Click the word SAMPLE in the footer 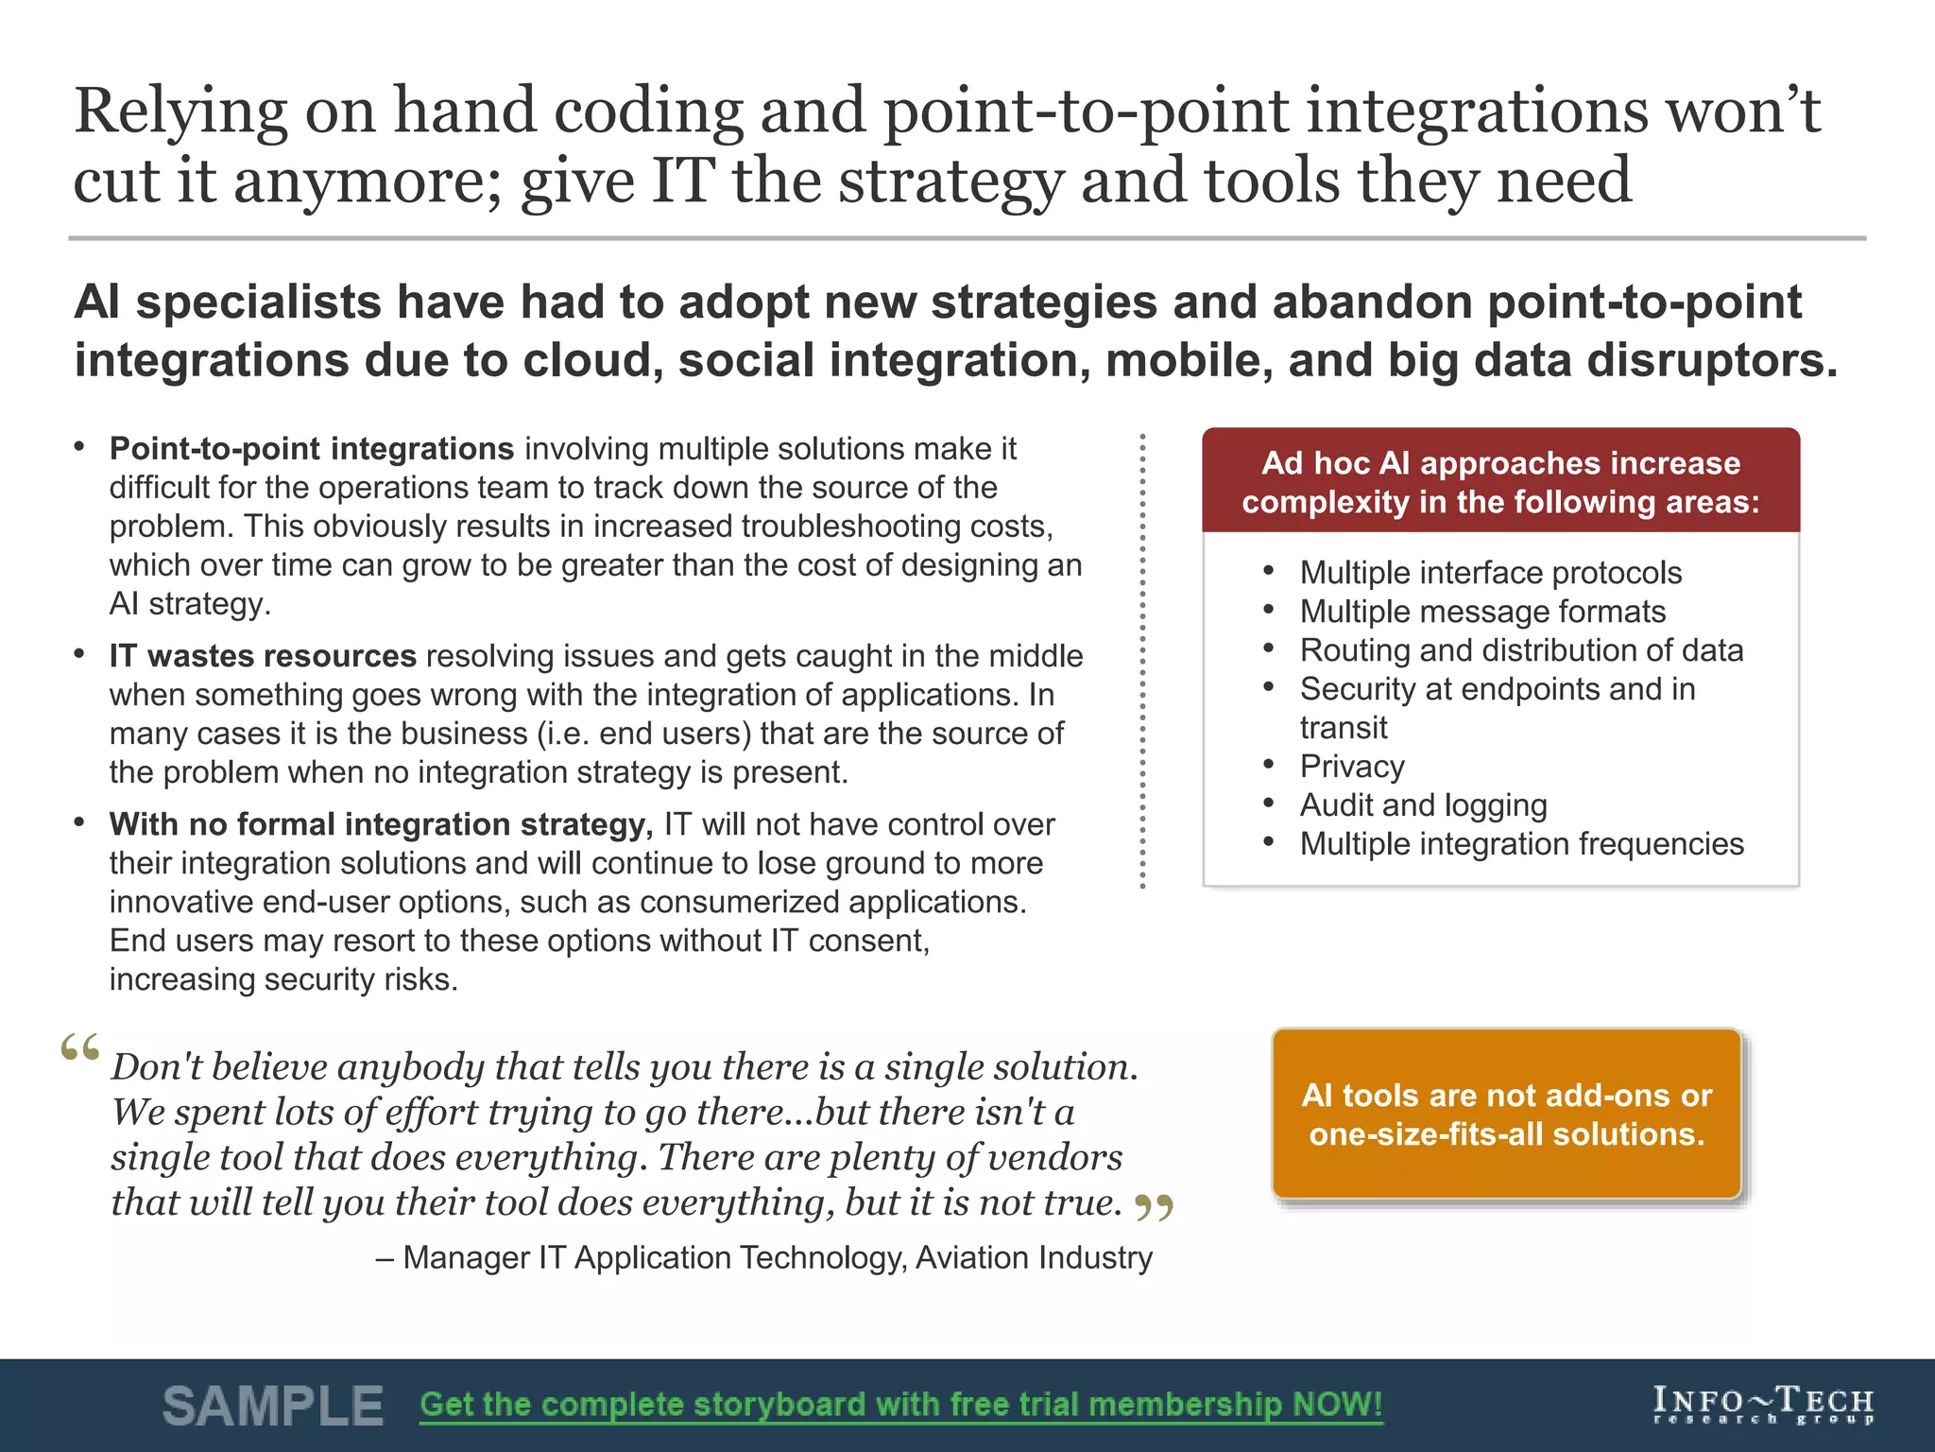pos(272,1406)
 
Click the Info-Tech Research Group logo pos(1763,1405)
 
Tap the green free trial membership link pos(900,1405)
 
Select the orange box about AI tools pos(1506,1115)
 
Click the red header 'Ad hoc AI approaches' pos(1500,481)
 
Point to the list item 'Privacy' pos(1351,767)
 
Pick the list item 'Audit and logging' pos(1423,805)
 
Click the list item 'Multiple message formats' pos(1482,612)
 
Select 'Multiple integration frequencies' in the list pos(1521,844)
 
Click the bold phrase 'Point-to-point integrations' pos(311,448)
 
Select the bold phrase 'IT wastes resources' pos(263,656)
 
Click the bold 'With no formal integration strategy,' pos(381,824)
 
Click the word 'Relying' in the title pos(180,112)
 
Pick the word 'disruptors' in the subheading pos(1710,361)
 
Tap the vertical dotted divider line pos(1142,662)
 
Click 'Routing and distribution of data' pos(1521,650)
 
